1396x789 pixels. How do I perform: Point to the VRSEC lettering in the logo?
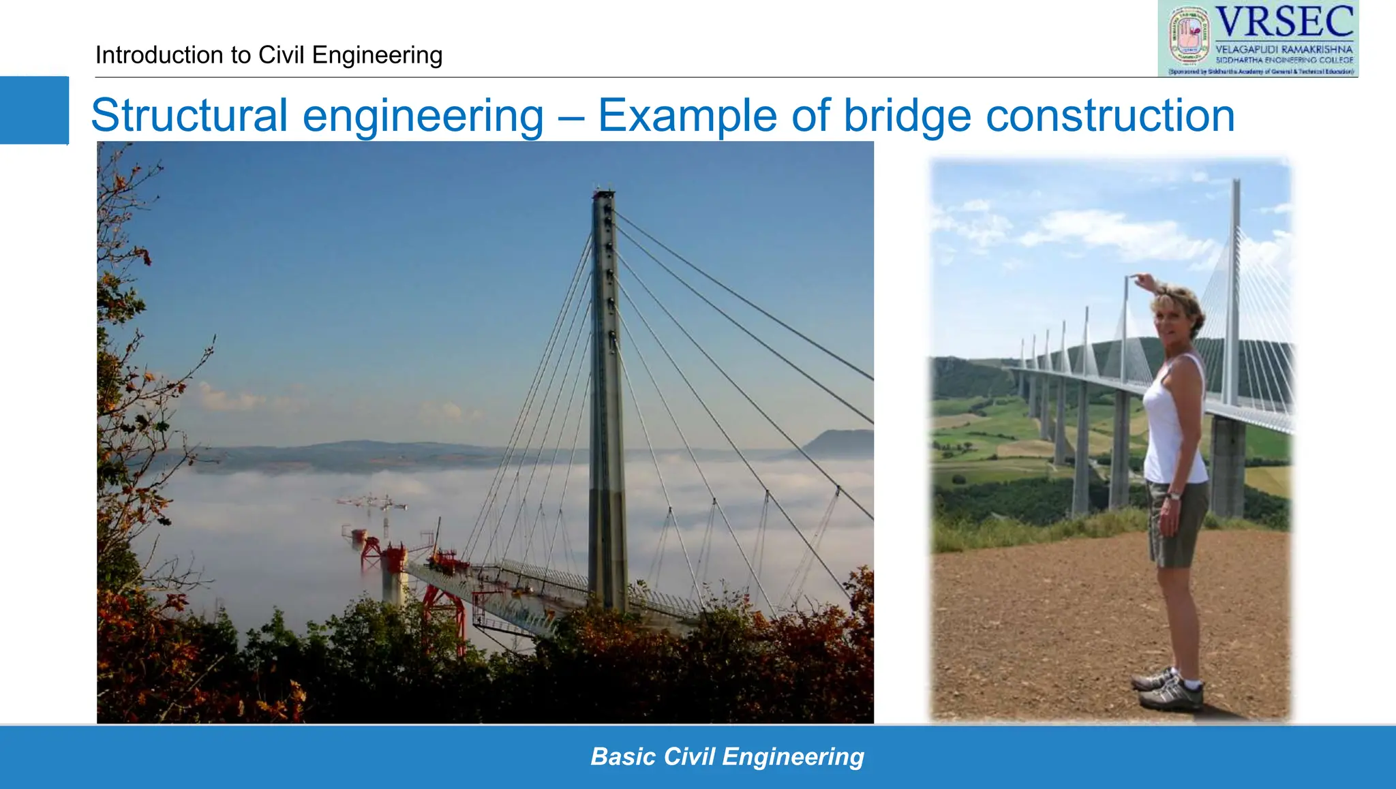click(x=1284, y=22)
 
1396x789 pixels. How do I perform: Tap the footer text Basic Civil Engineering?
click(x=727, y=756)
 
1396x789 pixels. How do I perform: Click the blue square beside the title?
click(x=34, y=110)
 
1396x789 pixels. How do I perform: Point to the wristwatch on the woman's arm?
click(x=1174, y=495)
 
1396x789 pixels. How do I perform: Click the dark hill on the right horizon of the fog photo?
click(x=842, y=443)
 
